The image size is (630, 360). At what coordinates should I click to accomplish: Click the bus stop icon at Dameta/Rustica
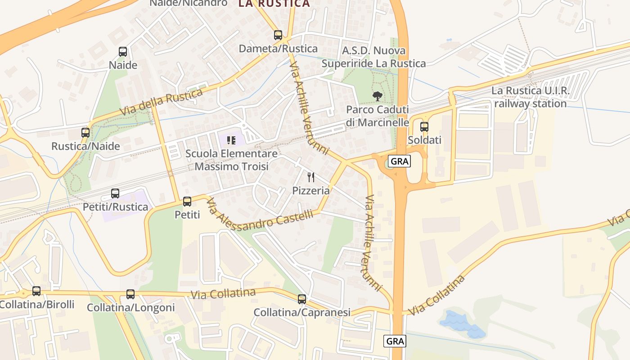point(278,35)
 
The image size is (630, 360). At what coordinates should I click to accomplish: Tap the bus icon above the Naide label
point(123,52)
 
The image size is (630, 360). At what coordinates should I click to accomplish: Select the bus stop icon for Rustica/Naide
point(85,133)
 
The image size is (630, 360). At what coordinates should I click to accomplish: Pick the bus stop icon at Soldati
point(424,127)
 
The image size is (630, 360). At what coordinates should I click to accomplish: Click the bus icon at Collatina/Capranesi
point(302,299)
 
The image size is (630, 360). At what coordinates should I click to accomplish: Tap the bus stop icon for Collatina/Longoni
point(130,294)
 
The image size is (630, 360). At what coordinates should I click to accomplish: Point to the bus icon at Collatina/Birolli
point(36,291)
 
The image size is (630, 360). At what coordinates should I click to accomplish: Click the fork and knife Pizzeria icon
point(311,177)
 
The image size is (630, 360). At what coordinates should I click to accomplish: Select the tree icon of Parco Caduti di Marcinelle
point(377,96)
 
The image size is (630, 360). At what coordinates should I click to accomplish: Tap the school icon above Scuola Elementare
point(231,140)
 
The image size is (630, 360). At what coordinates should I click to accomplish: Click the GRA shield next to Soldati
point(400,161)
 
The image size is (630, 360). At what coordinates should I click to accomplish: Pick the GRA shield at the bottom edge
point(395,341)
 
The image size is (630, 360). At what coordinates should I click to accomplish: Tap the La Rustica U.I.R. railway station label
point(530,97)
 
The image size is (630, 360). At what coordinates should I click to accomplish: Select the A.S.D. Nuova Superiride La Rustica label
point(373,57)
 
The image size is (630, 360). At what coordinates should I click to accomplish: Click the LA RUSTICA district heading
point(274,4)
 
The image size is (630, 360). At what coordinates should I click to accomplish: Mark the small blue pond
point(461,324)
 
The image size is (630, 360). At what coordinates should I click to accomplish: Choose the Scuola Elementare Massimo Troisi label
point(231,160)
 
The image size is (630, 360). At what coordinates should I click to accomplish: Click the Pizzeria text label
point(311,190)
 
